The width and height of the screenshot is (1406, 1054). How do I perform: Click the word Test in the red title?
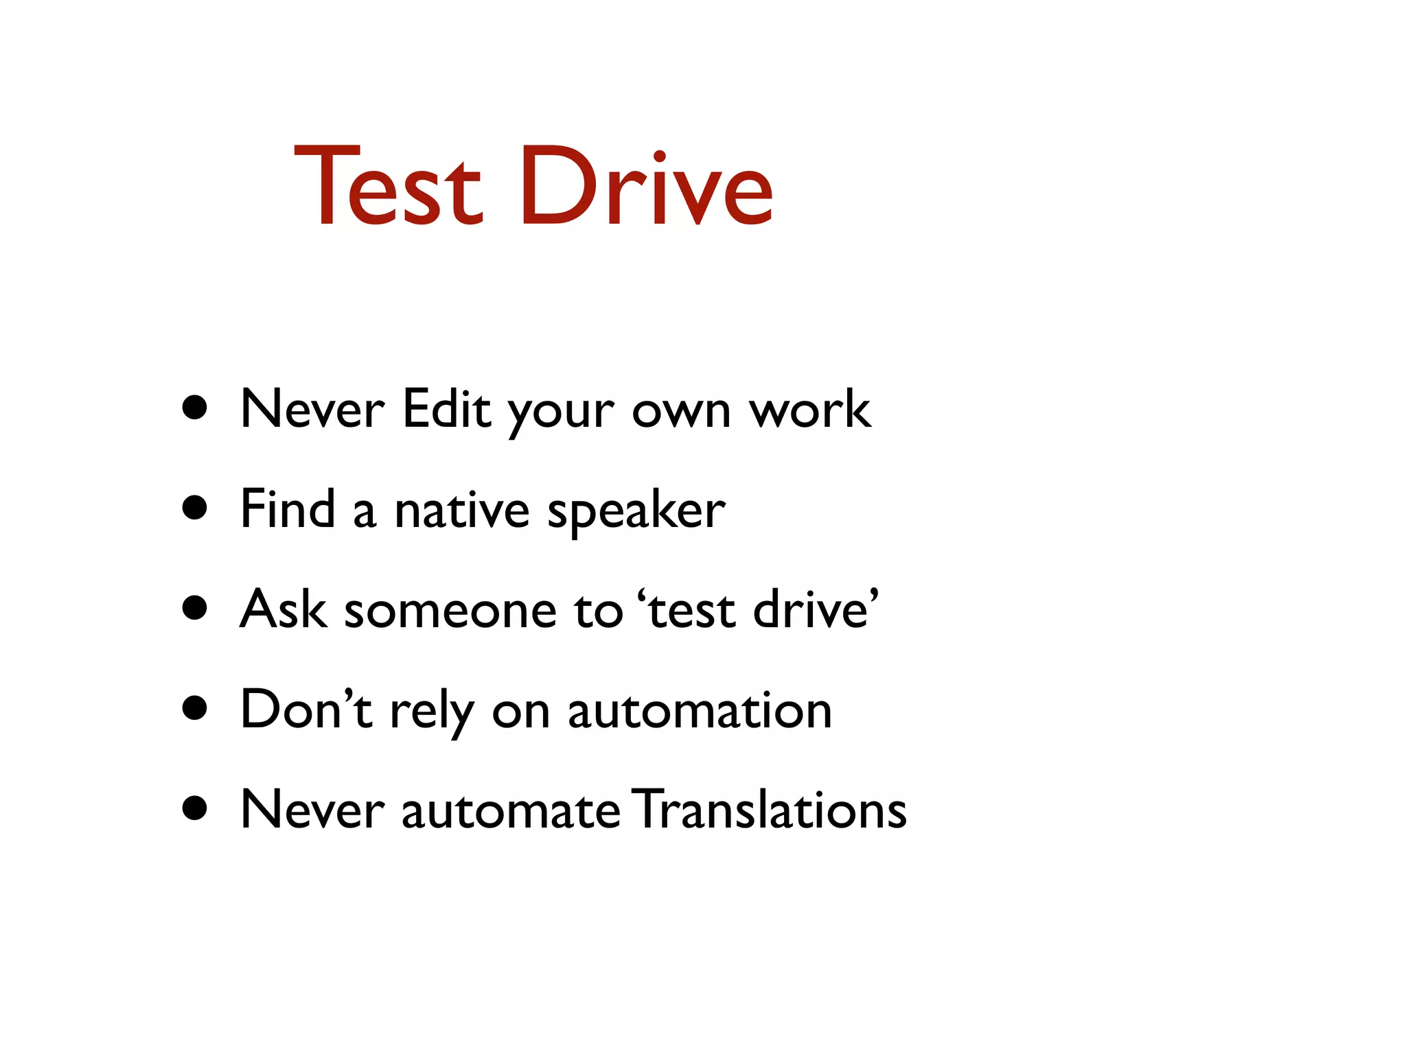(388, 187)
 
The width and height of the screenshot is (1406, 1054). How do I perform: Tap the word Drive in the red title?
(646, 187)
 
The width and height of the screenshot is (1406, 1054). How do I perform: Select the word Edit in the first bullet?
(446, 410)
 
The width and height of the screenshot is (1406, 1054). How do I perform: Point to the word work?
(810, 410)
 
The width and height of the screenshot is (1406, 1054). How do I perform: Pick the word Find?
(288, 509)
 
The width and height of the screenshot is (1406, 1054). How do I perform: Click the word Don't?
(306, 710)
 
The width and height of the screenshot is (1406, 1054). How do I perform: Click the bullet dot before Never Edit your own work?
(196, 408)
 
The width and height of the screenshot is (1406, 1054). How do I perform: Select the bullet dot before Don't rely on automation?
(196, 709)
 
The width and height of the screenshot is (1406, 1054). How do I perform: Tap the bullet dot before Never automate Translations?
(196, 808)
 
